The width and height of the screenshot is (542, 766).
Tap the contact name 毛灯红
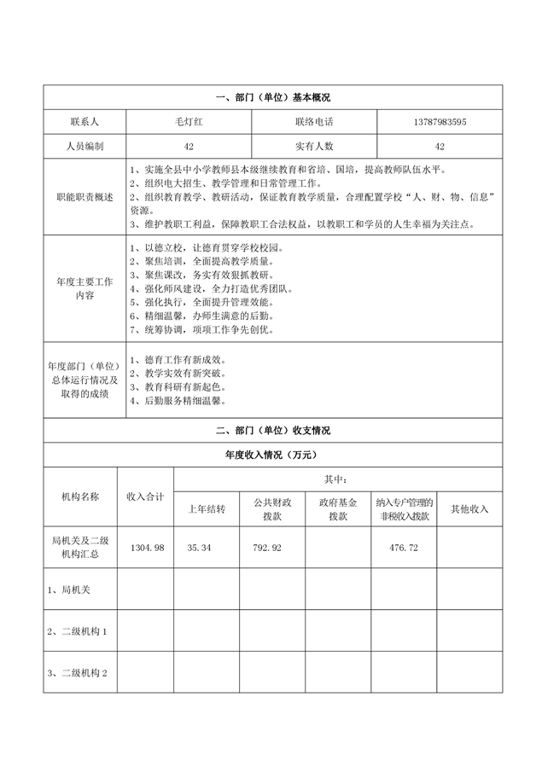tap(189, 122)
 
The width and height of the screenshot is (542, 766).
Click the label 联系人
tap(85, 122)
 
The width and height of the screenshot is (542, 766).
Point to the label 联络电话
tap(314, 122)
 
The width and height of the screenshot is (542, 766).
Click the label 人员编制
tap(85, 146)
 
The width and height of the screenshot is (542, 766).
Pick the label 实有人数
tap(314, 146)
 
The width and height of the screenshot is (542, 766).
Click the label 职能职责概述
tap(85, 197)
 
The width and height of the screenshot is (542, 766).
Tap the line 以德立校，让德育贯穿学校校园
tap(207, 247)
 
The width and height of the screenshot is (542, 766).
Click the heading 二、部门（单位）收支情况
tap(272, 431)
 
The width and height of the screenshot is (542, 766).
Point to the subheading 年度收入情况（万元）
tap(272, 456)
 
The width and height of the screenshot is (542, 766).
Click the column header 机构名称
tap(79, 496)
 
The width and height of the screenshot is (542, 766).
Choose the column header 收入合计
tap(145, 496)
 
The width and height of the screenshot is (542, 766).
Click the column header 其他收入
tap(469, 509)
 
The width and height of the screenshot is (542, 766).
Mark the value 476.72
tap(403, 547)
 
